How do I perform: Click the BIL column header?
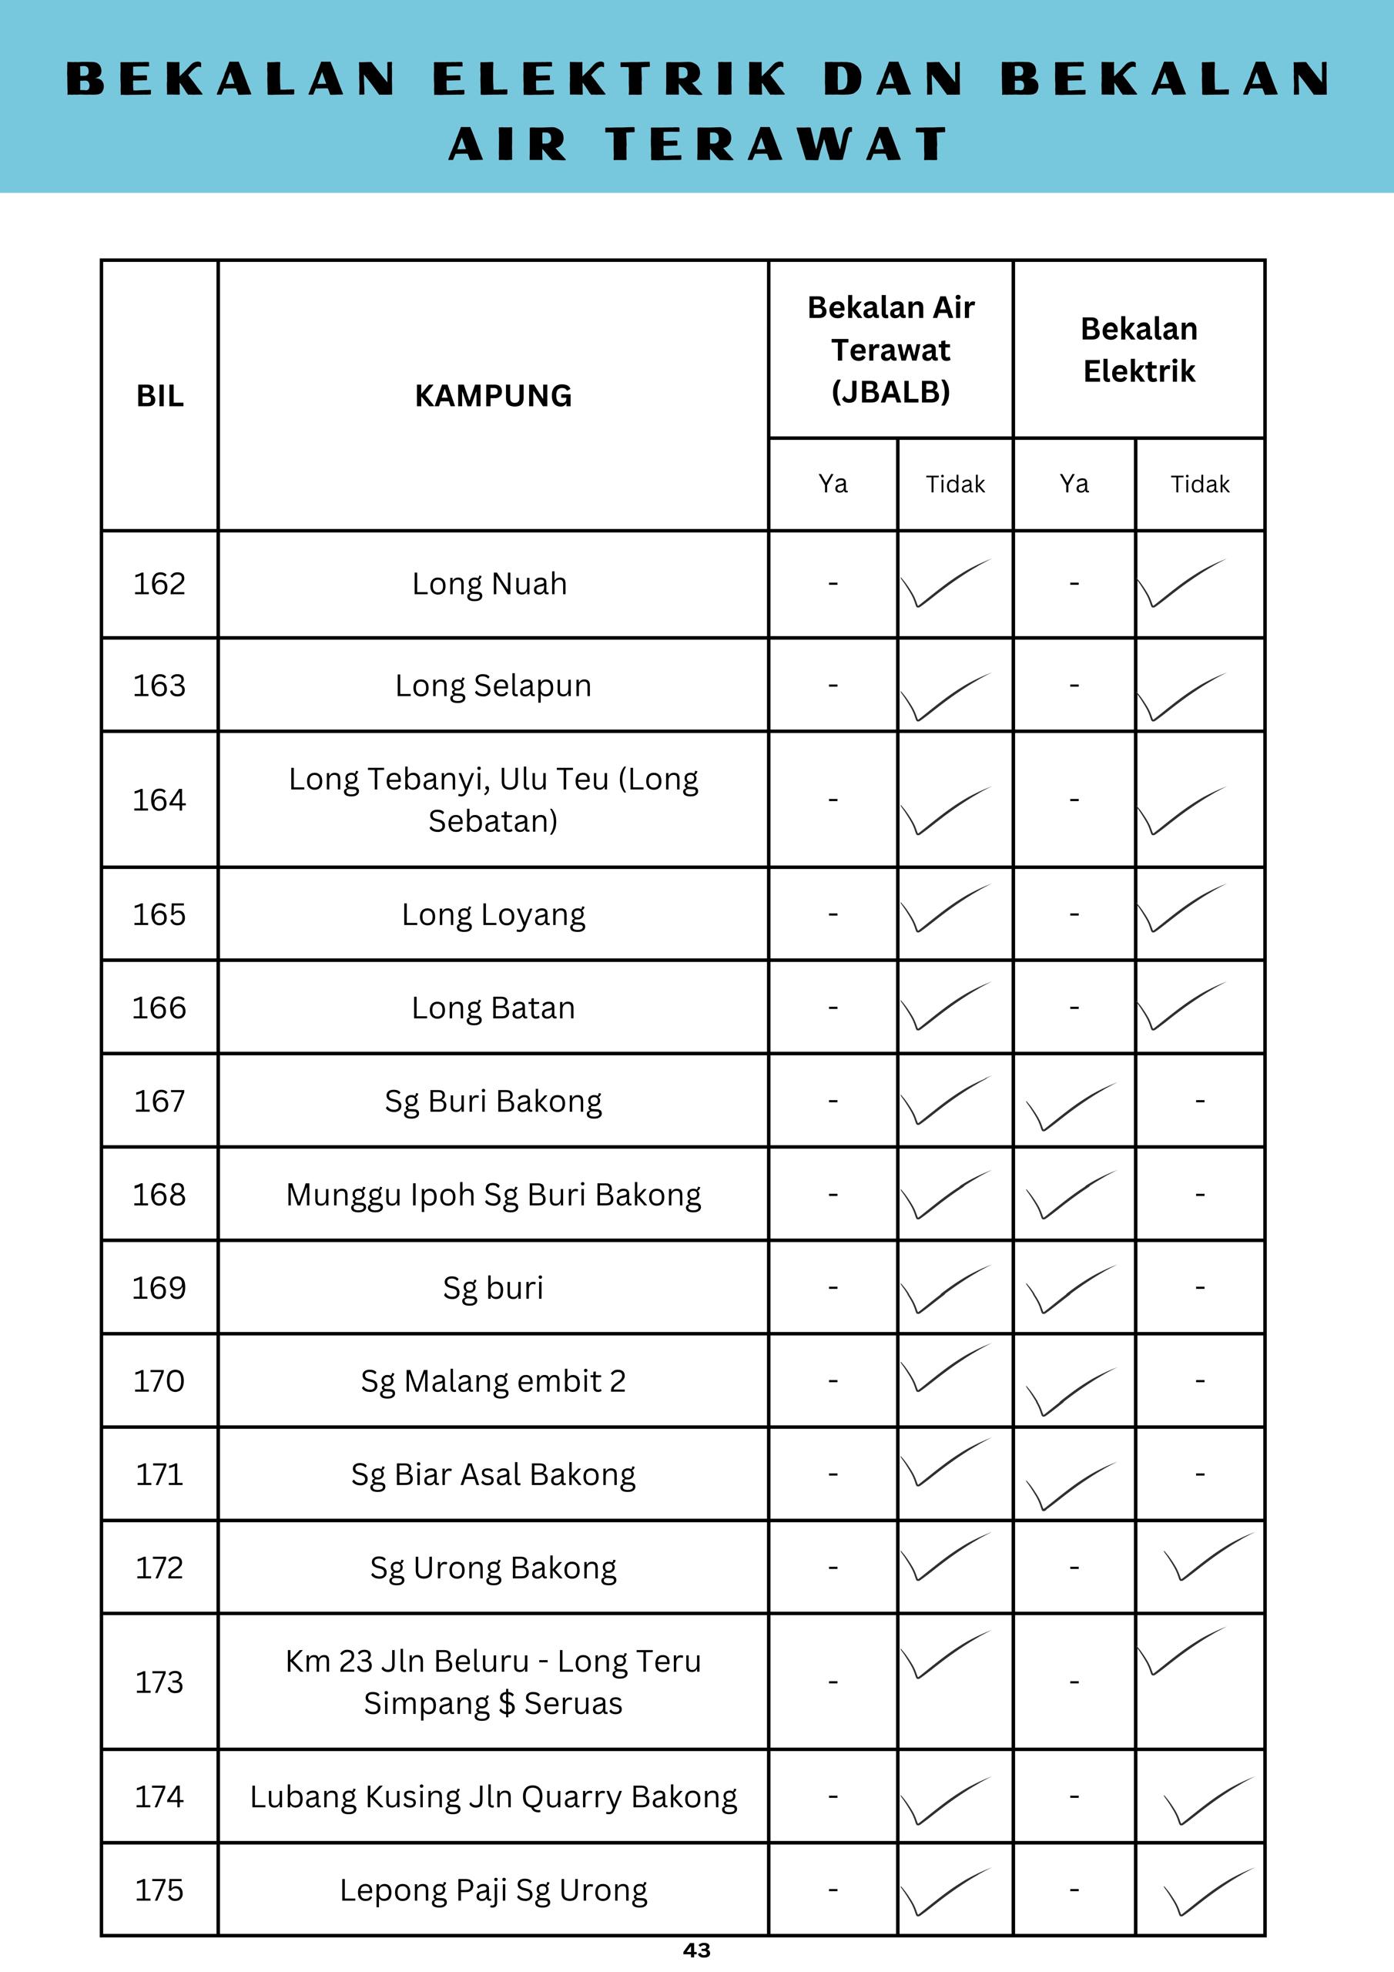tap(159, 396)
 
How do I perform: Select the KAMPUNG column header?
tap(493, 396)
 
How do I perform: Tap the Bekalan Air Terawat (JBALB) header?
tap(890, 350)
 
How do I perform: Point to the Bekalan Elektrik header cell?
tap(1138, 350)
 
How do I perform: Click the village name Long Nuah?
tap(490, 584)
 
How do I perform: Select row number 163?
tap(159, 686)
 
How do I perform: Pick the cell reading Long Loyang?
tap(493, 914)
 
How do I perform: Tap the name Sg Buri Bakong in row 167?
tap(493, 1101)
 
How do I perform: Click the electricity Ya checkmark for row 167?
tap(1071, 1105)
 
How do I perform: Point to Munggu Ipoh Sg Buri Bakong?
tap(493, 1195)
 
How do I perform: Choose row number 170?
tap(159, 1381)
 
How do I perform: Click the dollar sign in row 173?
tap(507, 1704)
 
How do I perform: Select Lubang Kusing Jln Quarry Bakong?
tap(493, 1797)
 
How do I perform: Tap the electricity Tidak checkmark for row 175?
tap(1208, 1892)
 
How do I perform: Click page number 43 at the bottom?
tap(696, 1950)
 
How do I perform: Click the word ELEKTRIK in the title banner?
tap(609, 79)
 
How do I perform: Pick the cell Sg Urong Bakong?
tap(493, 1568)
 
